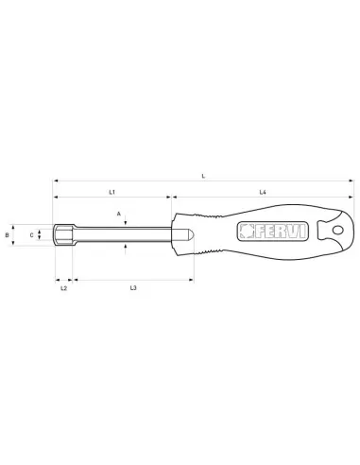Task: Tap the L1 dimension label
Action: [111, 192]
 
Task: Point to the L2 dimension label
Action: [63, 287]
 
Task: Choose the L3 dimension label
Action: [134, 287]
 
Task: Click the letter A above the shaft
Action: [120, 215]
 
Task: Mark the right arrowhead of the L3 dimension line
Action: [192, 280]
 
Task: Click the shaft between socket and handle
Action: [123, 233]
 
